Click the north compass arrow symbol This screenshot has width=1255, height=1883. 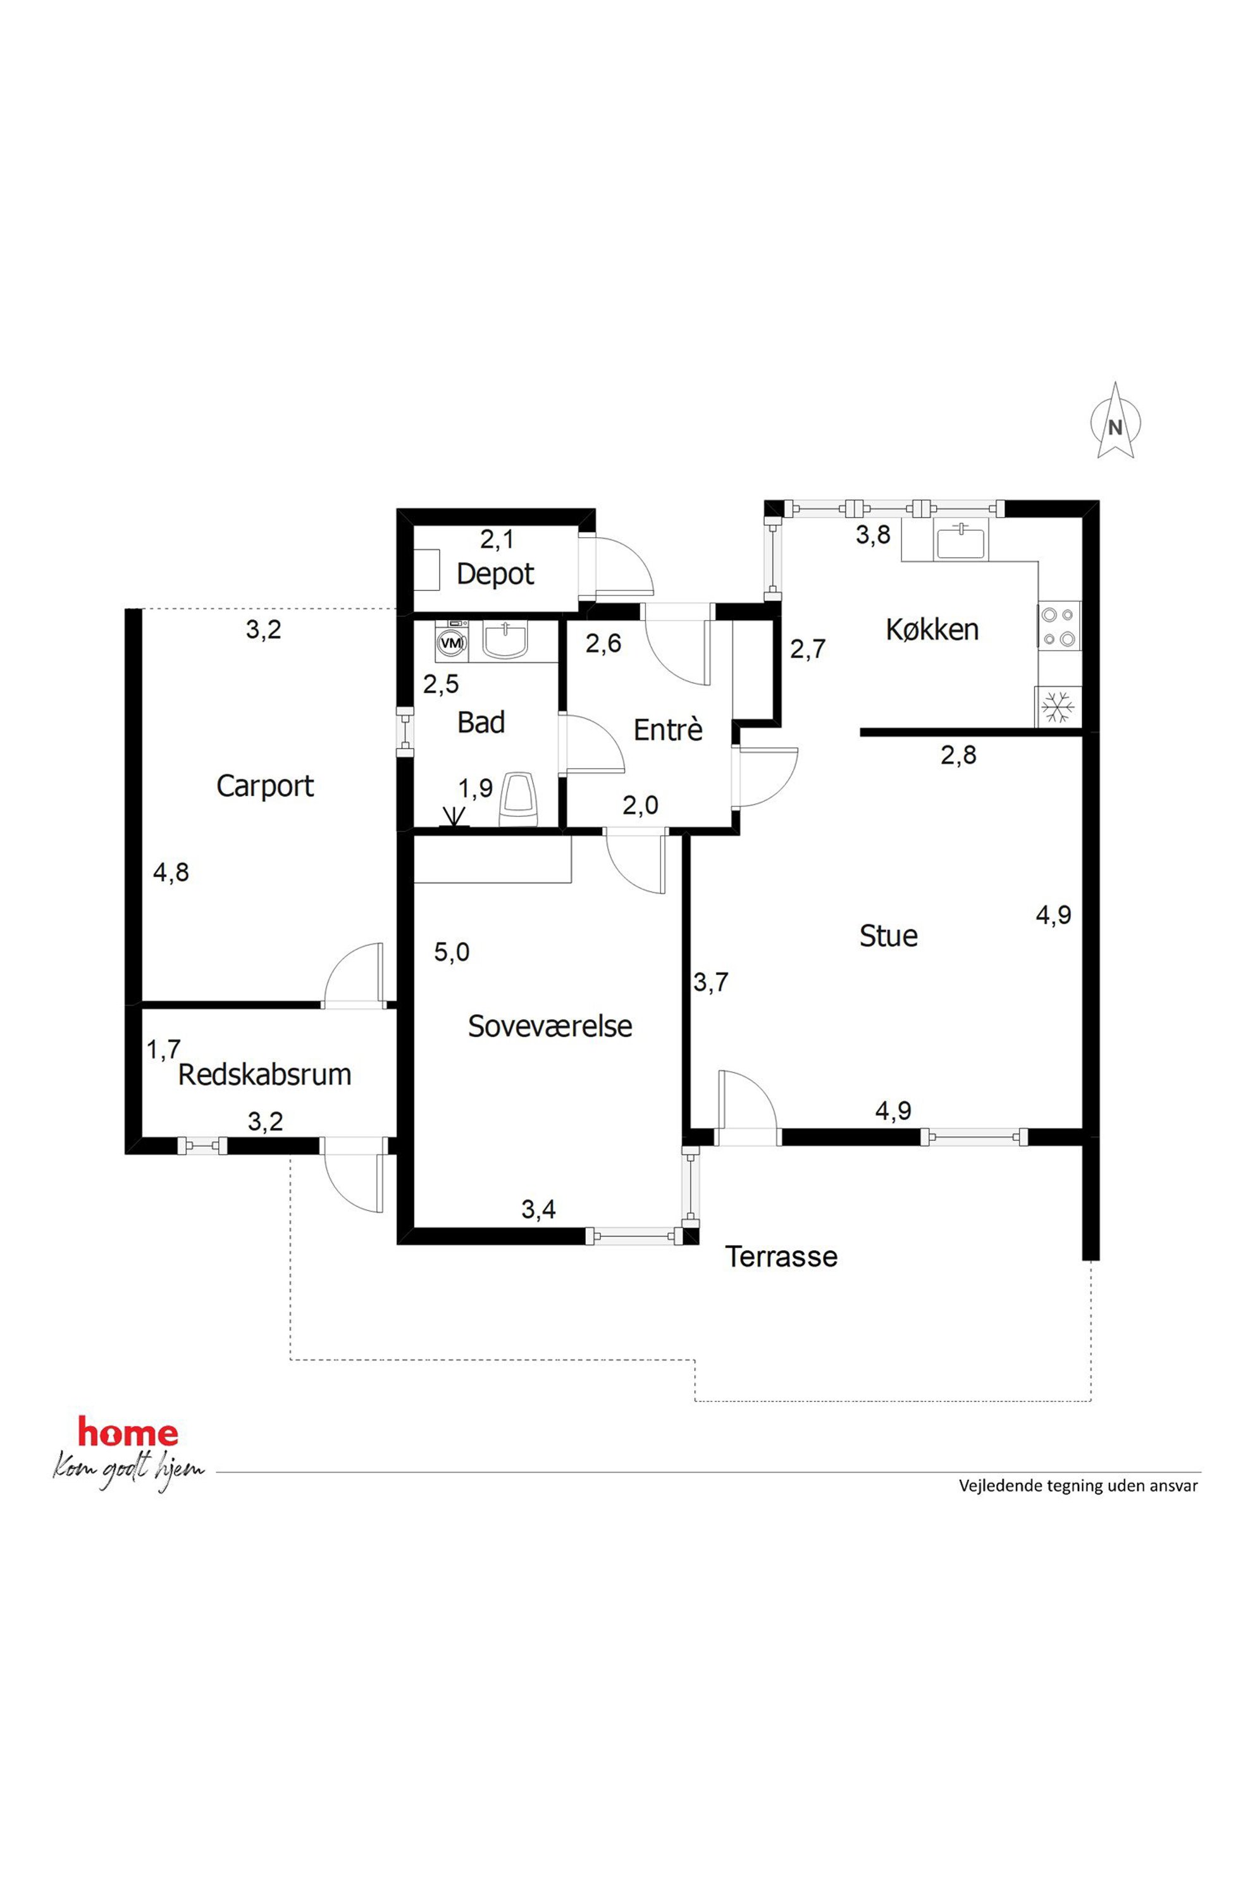1115,420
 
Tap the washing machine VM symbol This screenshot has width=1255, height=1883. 452,642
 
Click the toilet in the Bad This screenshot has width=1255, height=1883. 518,799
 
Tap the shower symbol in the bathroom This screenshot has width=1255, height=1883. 454,817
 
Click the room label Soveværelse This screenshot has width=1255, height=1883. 550,1026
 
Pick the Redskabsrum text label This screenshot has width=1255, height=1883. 265,1074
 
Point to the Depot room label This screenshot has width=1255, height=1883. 495,574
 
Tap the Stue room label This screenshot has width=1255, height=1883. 888,936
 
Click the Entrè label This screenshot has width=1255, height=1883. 667,730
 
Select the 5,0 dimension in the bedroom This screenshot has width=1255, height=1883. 452,952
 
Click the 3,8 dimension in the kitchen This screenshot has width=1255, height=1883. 873,535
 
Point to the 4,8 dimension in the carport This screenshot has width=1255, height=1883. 171,872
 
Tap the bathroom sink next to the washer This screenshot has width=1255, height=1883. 504,642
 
